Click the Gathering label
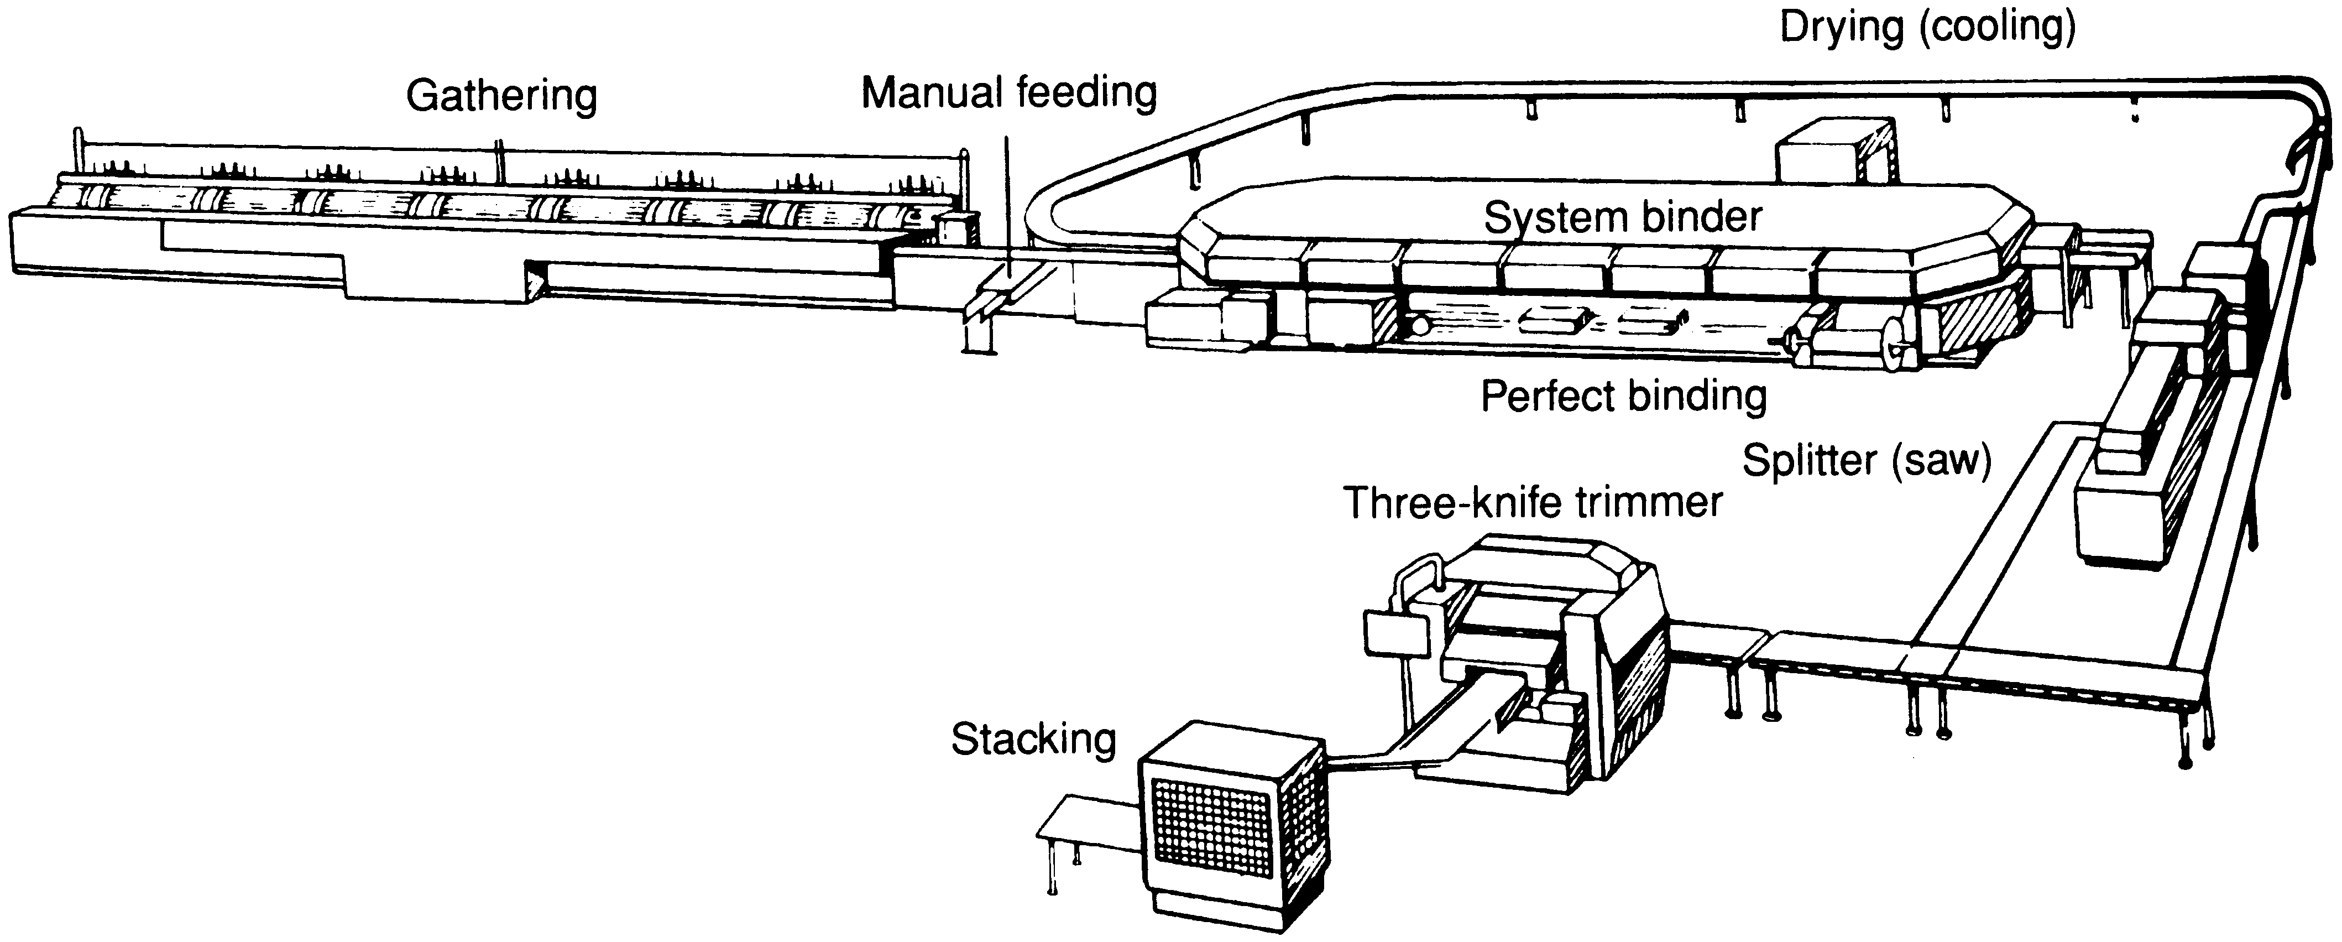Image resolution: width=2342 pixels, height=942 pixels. pos(501,96)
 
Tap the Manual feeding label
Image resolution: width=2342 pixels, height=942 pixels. pos(1008,93)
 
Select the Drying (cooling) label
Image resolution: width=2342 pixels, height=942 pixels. pos(1927,27)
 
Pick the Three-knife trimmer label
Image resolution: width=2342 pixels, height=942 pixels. pos(1533,502)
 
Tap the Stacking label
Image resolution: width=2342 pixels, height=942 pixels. pos(1033,739)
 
